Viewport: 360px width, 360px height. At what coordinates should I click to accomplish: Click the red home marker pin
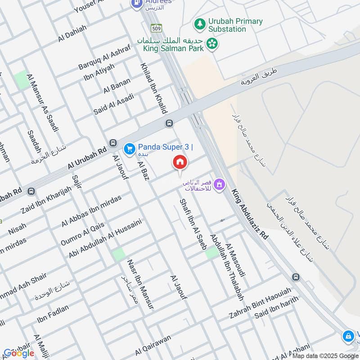(180, 162)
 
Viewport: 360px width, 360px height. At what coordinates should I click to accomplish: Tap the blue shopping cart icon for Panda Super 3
(130, 148)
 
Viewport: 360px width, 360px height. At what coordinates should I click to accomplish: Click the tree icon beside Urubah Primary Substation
(199, 22)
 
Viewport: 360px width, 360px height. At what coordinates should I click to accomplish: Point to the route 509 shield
(156, 27)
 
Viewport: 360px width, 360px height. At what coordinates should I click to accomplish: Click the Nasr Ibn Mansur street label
(140, 284)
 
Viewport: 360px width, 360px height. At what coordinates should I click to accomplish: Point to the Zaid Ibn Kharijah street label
(46, 199)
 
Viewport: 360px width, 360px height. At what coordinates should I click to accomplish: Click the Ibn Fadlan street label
(53, 314)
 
